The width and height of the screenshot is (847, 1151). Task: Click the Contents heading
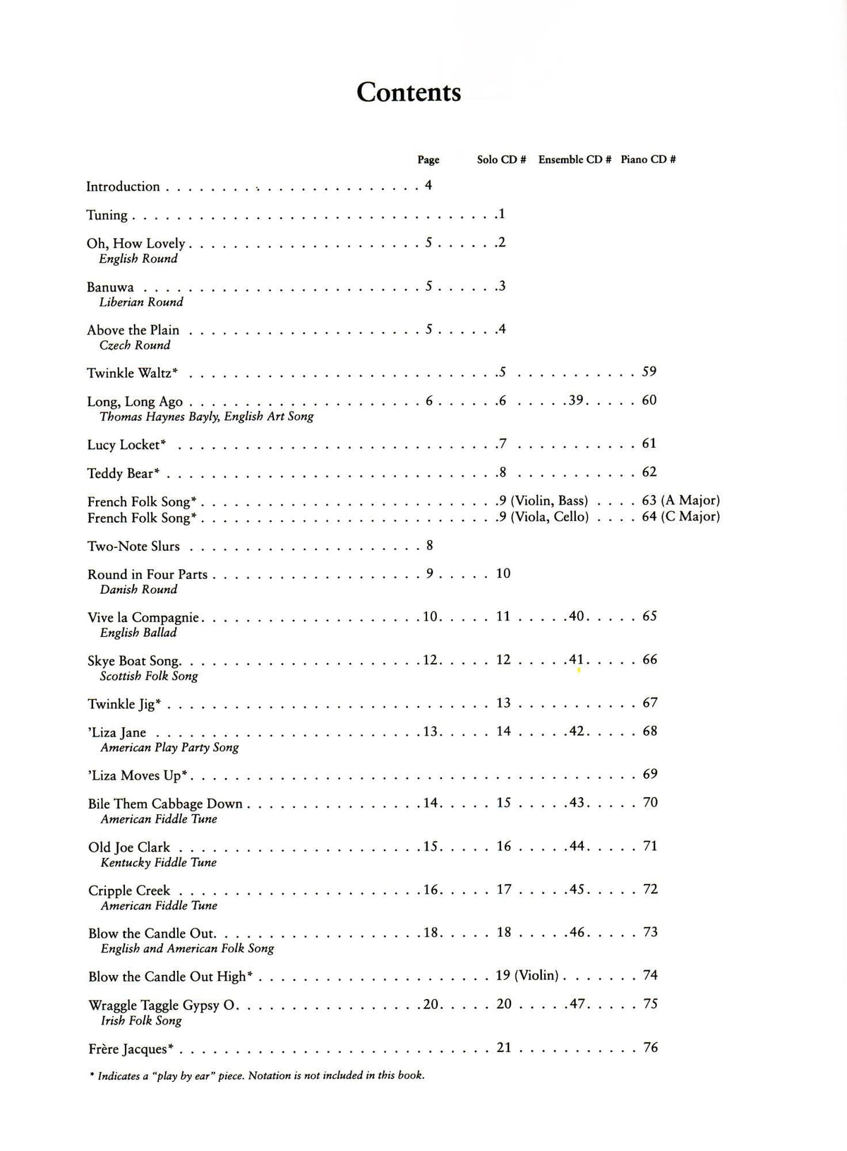click(409, 92)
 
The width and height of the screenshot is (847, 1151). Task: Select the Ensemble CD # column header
click(574, 160)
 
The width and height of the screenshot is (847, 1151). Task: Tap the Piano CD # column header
click(648, 160)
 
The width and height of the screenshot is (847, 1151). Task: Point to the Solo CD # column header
click(501, 160)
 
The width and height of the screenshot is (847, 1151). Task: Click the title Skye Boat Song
click(133, 661)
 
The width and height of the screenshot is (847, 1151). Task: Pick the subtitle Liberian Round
click(141, 302)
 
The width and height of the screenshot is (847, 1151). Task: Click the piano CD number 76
click(650, 1047)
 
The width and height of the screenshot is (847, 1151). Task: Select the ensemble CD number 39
click(576, 400)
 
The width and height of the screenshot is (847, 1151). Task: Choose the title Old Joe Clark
click(129, 847)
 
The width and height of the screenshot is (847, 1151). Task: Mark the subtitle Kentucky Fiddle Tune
click(158, 862)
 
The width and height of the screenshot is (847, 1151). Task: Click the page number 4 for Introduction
click(428, 186)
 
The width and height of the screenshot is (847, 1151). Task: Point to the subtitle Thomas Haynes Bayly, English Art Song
click(206, 417)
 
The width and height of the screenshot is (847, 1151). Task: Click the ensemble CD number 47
click(577, 1003)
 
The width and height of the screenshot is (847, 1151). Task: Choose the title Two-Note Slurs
click(133, 547)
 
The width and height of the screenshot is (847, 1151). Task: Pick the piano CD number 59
click(649, 371)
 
